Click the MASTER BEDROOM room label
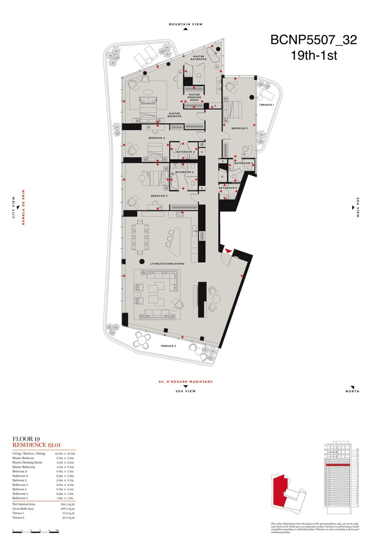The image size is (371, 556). (175, 115)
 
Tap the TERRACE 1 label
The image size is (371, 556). (266, 105)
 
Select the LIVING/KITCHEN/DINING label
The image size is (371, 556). (167, 264)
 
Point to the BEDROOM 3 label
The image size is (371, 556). (239, 128)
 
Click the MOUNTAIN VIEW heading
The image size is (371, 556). (185, 24)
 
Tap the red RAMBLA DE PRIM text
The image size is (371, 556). (24, 207)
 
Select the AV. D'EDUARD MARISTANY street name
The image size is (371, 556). (185, 382)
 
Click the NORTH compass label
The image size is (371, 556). (352, 391)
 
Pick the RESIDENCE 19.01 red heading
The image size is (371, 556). (37, 445)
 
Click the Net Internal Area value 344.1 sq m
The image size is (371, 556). (67, 504)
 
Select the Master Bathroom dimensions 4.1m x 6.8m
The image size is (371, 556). (65, 467)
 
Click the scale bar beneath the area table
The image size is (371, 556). (36, 532)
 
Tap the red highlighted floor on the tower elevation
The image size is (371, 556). (338, 465)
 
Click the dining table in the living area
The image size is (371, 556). (140, 236)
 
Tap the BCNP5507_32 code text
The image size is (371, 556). (314, 40)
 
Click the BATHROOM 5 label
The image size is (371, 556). (228, 188)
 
